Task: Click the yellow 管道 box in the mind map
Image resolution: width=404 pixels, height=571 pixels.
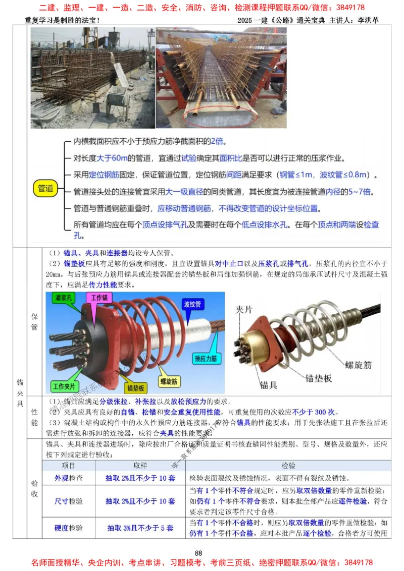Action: (45, 189)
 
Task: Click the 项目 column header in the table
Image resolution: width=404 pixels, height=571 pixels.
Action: (69, 465)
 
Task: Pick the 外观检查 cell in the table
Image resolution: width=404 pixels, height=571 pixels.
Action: (69, 478)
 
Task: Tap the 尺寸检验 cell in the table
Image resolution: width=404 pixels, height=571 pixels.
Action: (69, 501)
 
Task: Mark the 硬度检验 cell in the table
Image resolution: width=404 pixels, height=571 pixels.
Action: (69, 528)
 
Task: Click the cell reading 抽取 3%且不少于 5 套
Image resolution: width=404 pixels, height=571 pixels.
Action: (140, 528)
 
